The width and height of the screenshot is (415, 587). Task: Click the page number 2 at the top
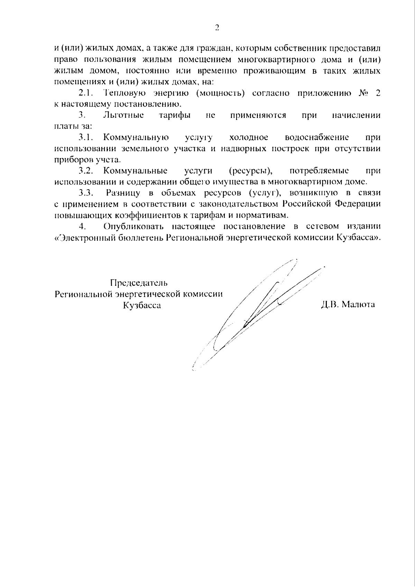point(217,28)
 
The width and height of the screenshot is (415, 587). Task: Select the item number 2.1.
point(86,93)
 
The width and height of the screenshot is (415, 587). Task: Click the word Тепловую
point(123,93)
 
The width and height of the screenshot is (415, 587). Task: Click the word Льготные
point(123,115)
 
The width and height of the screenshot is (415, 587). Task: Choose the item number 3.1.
point(86,137)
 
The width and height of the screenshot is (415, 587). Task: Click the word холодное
point(249,137)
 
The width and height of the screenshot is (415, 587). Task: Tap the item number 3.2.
point(86,171)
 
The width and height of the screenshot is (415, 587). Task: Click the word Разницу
point(123,193)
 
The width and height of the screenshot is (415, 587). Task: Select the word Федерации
point(357,204)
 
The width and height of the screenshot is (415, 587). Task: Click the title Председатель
point(139,283)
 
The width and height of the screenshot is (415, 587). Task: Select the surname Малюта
point(358,305)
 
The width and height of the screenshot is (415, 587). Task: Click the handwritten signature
point(256,315)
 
